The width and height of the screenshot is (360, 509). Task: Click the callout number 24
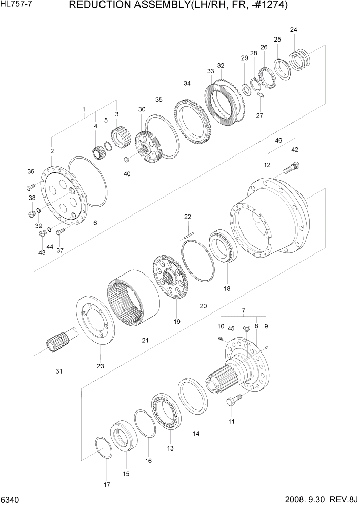pos(293,29)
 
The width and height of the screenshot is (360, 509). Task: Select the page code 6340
pos(9,500)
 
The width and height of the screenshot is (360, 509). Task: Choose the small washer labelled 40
pos(126,160)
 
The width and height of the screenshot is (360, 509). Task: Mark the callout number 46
pos(278,140)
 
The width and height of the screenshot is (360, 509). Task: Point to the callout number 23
pos(100,366)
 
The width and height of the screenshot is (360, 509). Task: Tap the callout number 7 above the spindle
pos(243,310)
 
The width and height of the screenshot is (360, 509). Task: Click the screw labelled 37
pos(61,232)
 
